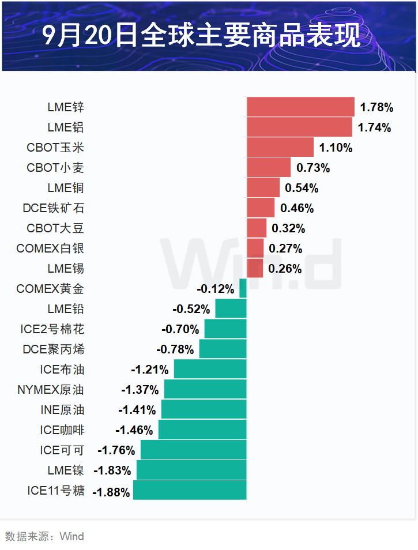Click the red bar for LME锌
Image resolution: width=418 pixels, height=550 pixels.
[300, 107]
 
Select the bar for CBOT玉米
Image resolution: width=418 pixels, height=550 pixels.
[280, 147]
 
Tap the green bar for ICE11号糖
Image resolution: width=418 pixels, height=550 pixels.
[190, 490]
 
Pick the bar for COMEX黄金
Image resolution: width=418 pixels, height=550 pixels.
[243, 288]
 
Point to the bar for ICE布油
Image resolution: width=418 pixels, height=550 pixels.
[210, 369]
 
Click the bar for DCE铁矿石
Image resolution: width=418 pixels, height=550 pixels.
[261, 208]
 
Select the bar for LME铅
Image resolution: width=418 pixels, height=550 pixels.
[231, 308]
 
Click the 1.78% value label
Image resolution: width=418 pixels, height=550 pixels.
[376, 107]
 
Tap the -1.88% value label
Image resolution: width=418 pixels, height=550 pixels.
[111, 492]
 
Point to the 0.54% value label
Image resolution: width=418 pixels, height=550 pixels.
[302, 188]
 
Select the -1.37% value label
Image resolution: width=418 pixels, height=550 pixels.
[140, 390]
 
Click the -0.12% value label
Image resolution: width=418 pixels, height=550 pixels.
[215, 289]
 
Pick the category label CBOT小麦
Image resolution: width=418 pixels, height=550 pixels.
[55, 168]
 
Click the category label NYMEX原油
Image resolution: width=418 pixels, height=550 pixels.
[51, 390]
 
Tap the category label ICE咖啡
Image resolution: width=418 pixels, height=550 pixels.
[62, 430]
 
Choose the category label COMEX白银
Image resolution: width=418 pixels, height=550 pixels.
[50, 248]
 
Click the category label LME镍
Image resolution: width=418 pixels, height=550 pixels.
[66, 470]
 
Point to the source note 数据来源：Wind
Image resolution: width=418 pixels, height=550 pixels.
[44, 537]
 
